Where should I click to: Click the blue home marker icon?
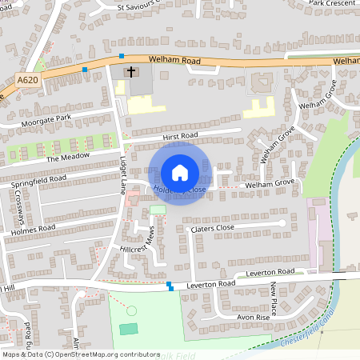click(180, 172)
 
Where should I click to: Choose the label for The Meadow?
click(68, 157)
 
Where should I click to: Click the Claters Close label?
click(212, 228)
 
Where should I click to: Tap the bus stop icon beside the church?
click(122, 56)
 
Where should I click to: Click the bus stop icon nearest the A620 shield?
click(85, 70)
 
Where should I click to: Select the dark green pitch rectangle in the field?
click(128, 329)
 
